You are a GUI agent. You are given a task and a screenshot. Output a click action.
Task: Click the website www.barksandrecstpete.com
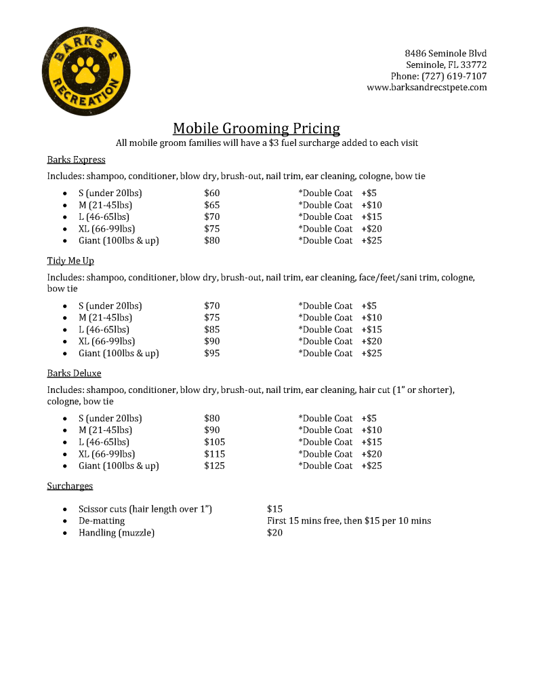[426, 88]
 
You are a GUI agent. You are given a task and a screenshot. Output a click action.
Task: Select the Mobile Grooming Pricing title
[256, 128]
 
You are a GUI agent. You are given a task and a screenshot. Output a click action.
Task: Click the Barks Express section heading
[76, 160]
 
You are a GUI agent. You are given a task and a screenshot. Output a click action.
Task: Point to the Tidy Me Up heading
[70, 261]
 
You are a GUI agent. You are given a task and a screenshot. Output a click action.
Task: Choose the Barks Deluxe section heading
[74, 373]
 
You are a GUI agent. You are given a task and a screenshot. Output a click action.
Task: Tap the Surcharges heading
[70, 486]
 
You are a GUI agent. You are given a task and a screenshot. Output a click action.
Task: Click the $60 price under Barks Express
[211, 193]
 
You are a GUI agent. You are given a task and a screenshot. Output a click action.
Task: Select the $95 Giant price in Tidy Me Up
[211, 354]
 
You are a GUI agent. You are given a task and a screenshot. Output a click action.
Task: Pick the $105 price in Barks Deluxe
[214, 443]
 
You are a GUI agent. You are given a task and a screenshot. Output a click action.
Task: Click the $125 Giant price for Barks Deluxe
[214, 466]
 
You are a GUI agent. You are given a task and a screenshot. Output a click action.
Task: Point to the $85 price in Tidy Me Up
[211, 330]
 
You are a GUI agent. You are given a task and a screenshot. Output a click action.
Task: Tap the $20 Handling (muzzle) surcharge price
[274, 533]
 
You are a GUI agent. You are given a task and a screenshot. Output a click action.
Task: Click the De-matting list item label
[102, 521]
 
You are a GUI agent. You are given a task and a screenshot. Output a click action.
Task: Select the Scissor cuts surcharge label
[145, 509]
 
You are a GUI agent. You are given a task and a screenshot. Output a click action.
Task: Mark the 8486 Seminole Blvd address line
[445, 53]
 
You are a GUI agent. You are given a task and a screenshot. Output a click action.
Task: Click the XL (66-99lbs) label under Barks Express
[106, 229]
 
